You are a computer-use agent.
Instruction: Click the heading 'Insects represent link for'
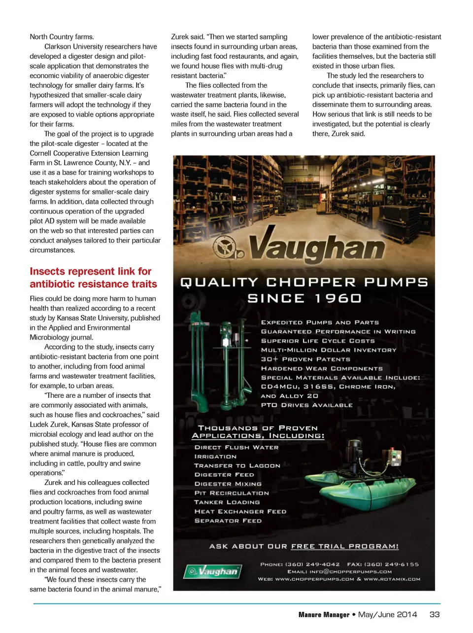(x=91, y=272)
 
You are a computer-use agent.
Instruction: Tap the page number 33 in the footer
(x=435, y=614)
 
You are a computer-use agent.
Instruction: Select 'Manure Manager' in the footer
(x=324, y=615)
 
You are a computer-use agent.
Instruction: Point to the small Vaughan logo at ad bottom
(x=213, y=571)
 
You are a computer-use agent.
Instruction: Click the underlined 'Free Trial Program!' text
(x=345, y=546)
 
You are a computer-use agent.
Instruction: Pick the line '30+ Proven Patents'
(x=305, y=359)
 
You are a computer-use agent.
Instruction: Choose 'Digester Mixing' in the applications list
(x=228, y=484)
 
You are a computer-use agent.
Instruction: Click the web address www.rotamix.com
(x=392, y=579)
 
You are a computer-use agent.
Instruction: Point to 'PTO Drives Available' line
(x=307, y=405)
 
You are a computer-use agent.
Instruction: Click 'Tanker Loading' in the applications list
(x=227, y=502)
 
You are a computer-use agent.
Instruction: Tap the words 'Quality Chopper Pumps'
(x=304, y=282)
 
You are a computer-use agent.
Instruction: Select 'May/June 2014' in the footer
(x=387, y=614)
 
